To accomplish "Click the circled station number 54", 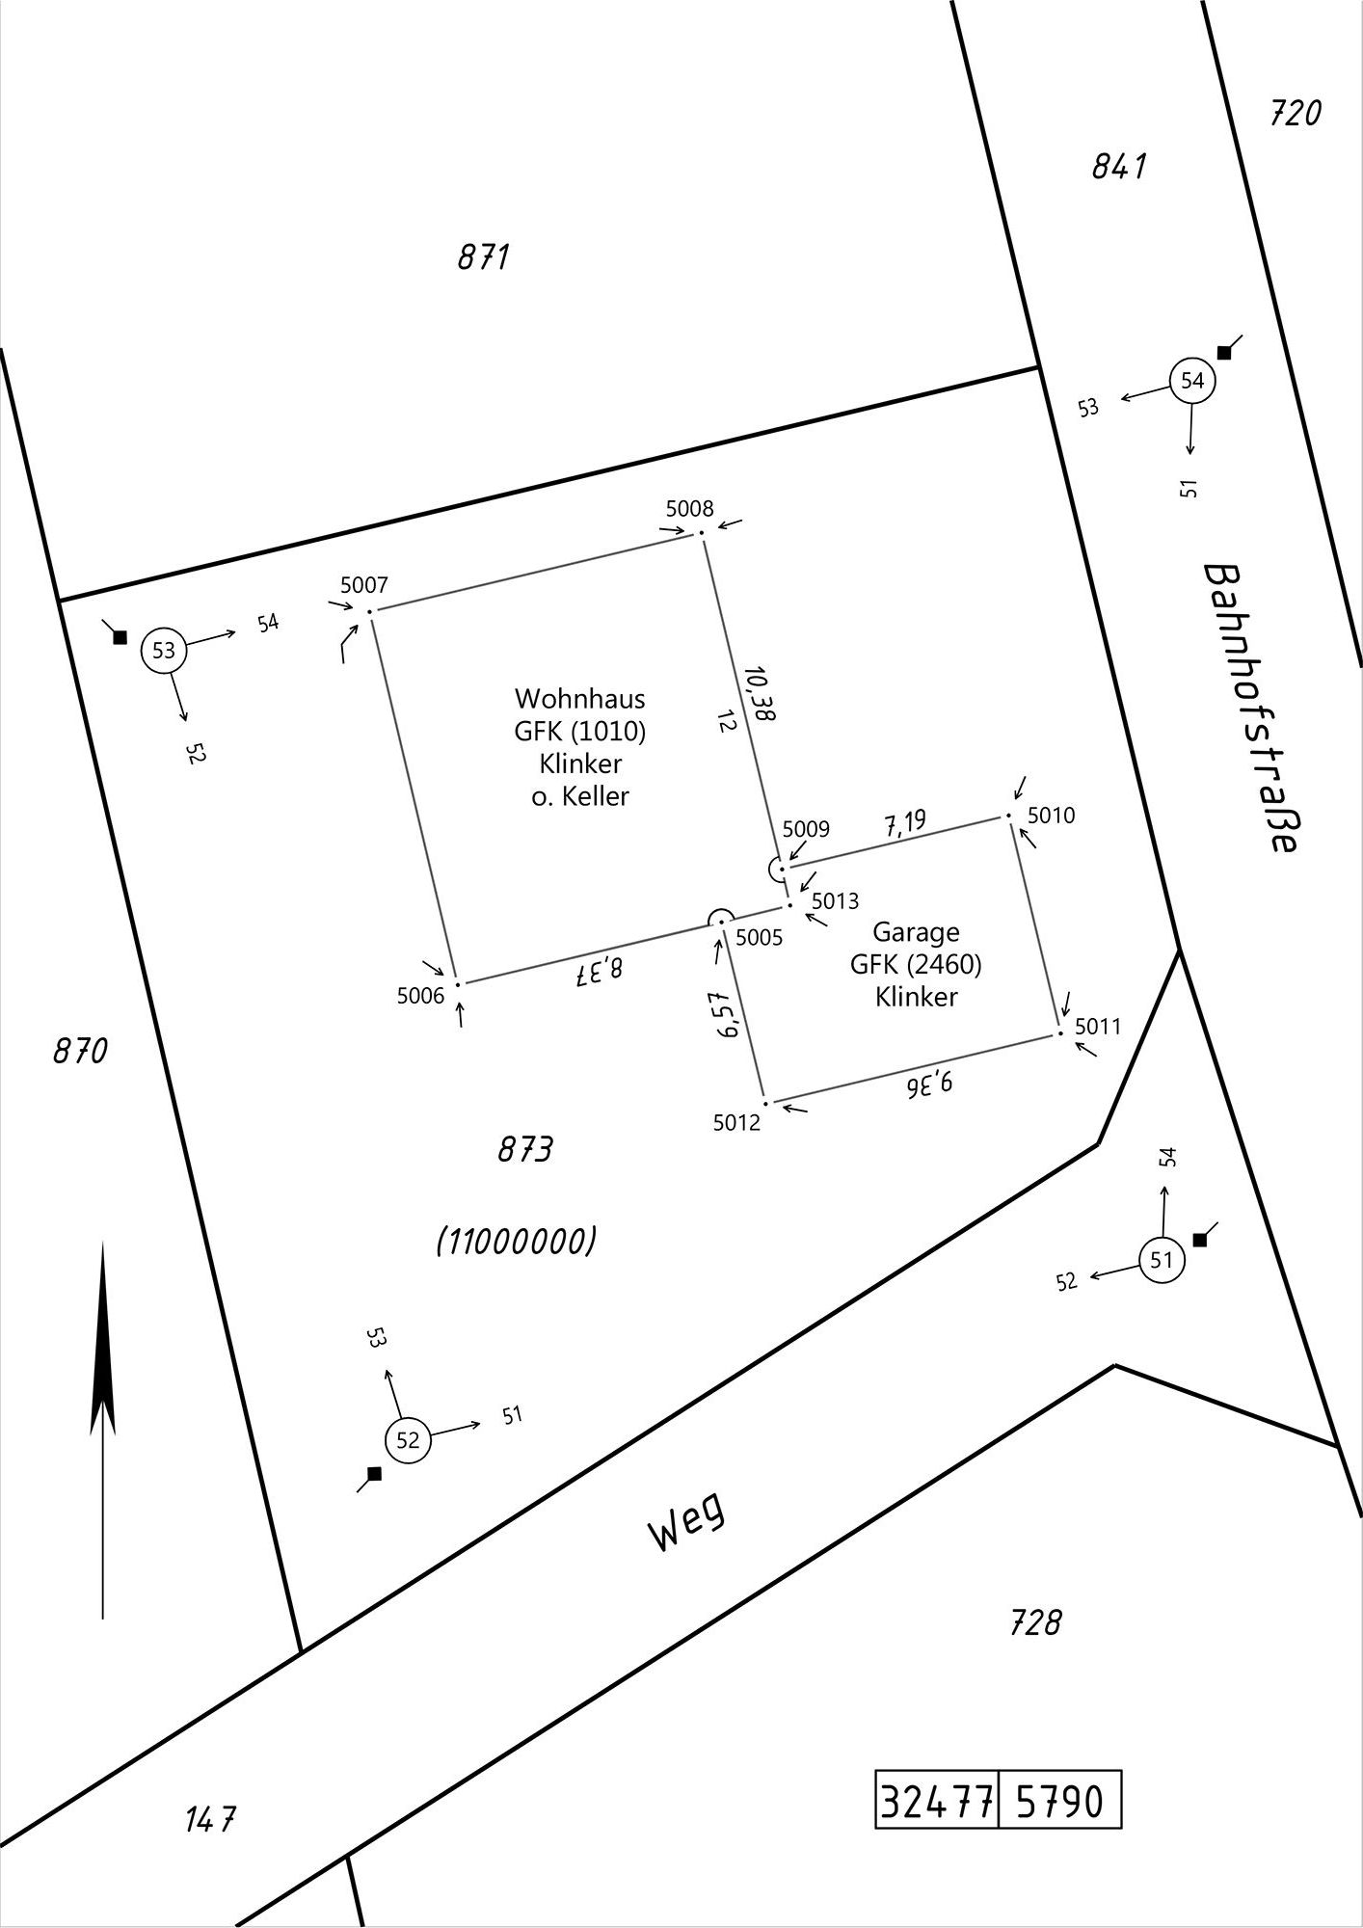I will [x=1192, y=381].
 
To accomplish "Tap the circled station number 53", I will [x=164, y=651].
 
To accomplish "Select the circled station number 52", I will [x=408, y=1440].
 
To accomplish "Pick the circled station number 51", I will [x=1162, y=1260].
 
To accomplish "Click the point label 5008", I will [x=689, y=509].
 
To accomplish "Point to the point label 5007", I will [x=364, y=585].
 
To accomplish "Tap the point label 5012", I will [x=736, y=1123].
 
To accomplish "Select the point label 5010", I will [x=1051, y=816].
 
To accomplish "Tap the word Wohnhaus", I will [x=580, y=698].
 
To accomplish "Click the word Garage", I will [x=916, y=932].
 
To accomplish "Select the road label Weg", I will [x=686, y=1526].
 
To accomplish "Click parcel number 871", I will [x=483, y=257].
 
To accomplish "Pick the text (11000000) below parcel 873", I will [x=516, y=1242].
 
